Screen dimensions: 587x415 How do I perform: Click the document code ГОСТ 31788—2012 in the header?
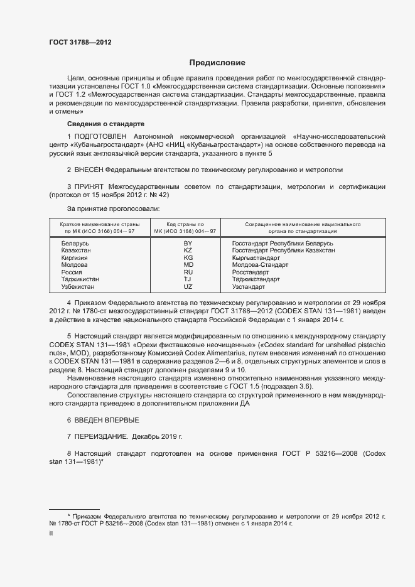point(80,43)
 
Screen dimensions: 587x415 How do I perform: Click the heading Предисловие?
point(217,63)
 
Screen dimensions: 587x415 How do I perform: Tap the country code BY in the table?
point(188,243)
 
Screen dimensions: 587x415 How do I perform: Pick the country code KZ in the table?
point(188,250)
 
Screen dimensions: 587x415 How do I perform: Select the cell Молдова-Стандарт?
point(259,265)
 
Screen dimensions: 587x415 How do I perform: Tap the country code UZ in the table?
point(188,286)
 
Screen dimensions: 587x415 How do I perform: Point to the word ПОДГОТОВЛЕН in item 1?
point(100,136)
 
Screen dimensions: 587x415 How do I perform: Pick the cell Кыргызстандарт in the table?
point(256,257)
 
